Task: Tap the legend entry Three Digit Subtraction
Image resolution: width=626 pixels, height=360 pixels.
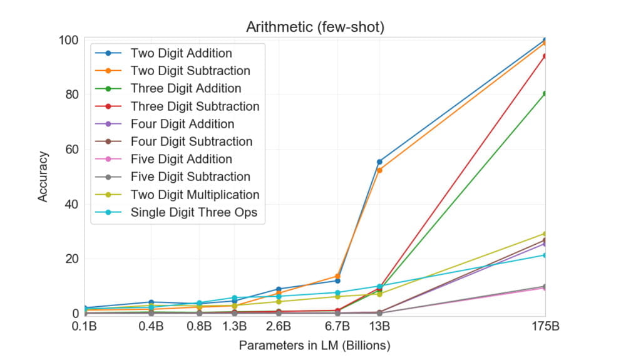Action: click(195, 106)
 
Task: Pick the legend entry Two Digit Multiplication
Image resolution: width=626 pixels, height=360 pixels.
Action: click(195, 195)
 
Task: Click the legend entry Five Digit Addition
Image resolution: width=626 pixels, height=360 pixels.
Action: click(181, 160)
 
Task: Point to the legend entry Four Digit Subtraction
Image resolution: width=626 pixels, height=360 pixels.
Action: click(191, 141)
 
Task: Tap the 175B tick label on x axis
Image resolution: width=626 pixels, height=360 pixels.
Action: click(545, 327)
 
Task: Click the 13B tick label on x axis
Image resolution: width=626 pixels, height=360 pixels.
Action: click(379, 327)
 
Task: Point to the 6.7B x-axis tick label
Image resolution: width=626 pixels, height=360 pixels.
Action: click(337, 327)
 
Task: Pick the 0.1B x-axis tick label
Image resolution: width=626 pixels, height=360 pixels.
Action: click(85, 327)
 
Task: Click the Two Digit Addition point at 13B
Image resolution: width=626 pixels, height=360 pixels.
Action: click(379, 162)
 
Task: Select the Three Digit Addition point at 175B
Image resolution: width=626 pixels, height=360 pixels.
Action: click(545, 93)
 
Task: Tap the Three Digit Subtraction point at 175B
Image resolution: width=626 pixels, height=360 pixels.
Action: click(545, 56)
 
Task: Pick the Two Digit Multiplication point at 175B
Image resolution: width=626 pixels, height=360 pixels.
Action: click(545, 234)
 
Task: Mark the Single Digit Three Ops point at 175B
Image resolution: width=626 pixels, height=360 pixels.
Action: click(545, 255)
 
